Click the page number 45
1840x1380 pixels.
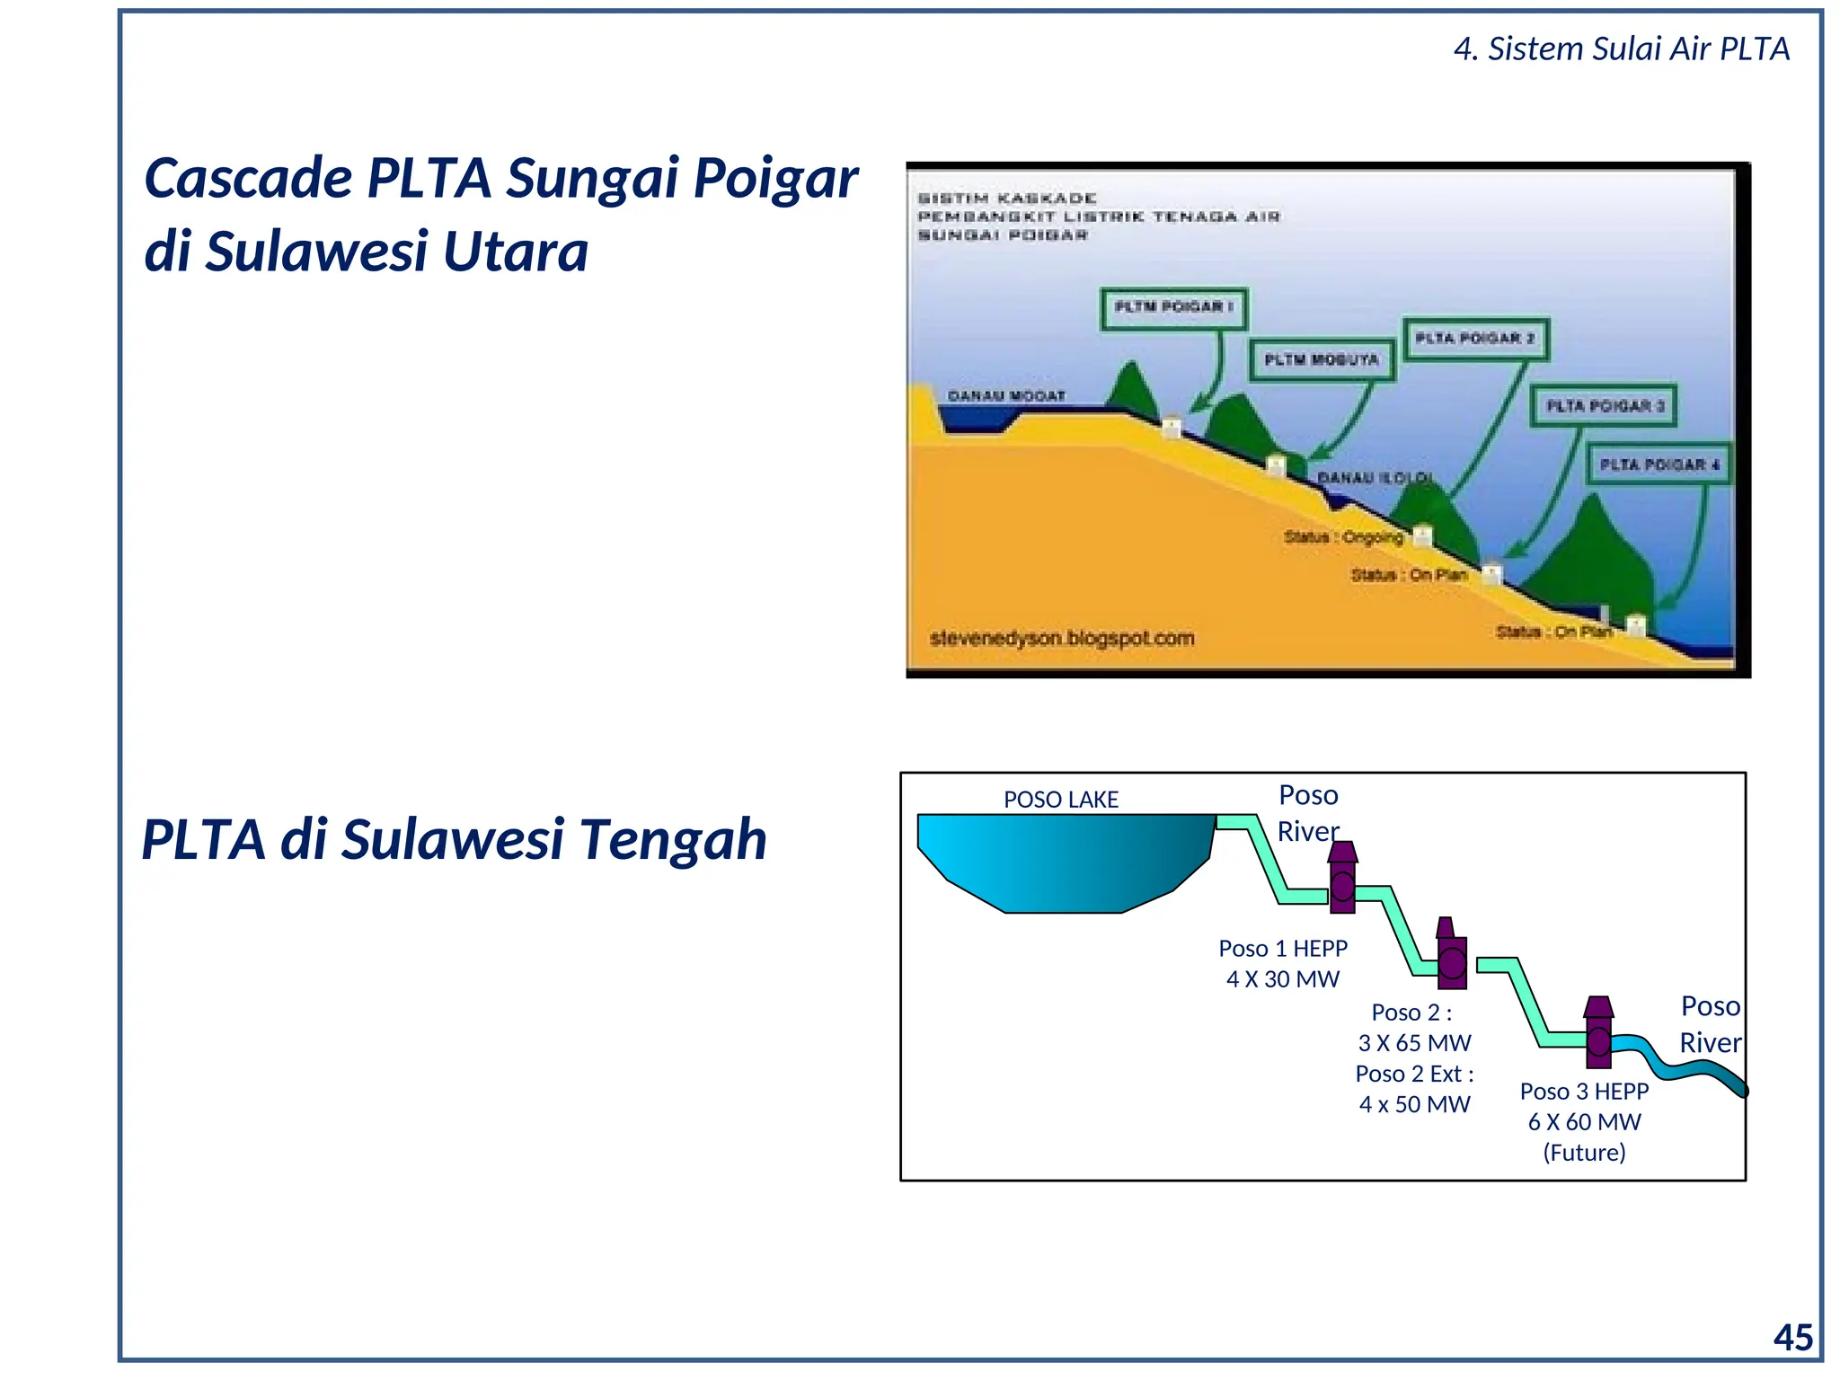pyautogui.click(x=1792, y=1338)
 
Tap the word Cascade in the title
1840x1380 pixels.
pyautogui.click(x=248, y=178)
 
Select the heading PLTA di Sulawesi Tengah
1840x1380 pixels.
pyautogui.click(x=454, y=839)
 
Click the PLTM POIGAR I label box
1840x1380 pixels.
pyautogui.click(x=1173, y=307)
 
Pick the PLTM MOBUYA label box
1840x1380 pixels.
pyautogui.click(x=1322, y=359)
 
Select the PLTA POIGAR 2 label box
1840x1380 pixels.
pyautogui.click(x=1475, y=339)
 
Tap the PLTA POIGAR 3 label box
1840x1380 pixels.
pyautogui.click(x=1605, y=406)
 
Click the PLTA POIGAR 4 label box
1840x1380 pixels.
pyautogui.click(x=1659, y=464)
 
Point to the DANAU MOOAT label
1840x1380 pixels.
pyautogui.click(x=1006, y=395)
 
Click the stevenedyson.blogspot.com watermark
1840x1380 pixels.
pyautogui.click(x=1062, y=638)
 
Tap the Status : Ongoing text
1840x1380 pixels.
pyautogui.click(x=1342, y=536)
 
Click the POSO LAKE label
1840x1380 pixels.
pyautogui.click(x=1060, y=800)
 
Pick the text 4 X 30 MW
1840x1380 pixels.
pyautogui.click(x=1282, y=979)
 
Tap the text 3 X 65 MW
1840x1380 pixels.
pyautogui.click(x=1414, y=1043)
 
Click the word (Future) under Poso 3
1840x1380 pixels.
pyautogui.click(x=1584, y=1153)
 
